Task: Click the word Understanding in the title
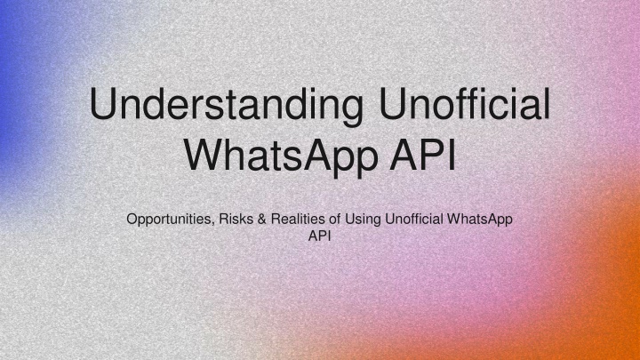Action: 227,105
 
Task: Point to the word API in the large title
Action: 423,155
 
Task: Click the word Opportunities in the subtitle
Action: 170,220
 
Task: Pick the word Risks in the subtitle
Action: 236,219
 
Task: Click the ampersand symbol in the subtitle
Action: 261,219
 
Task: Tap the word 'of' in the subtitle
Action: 335,219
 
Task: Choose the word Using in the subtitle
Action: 363,220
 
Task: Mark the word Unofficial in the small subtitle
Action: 414,219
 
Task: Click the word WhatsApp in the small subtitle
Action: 480,220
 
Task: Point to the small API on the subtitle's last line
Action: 320,236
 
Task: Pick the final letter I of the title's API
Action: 452,155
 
